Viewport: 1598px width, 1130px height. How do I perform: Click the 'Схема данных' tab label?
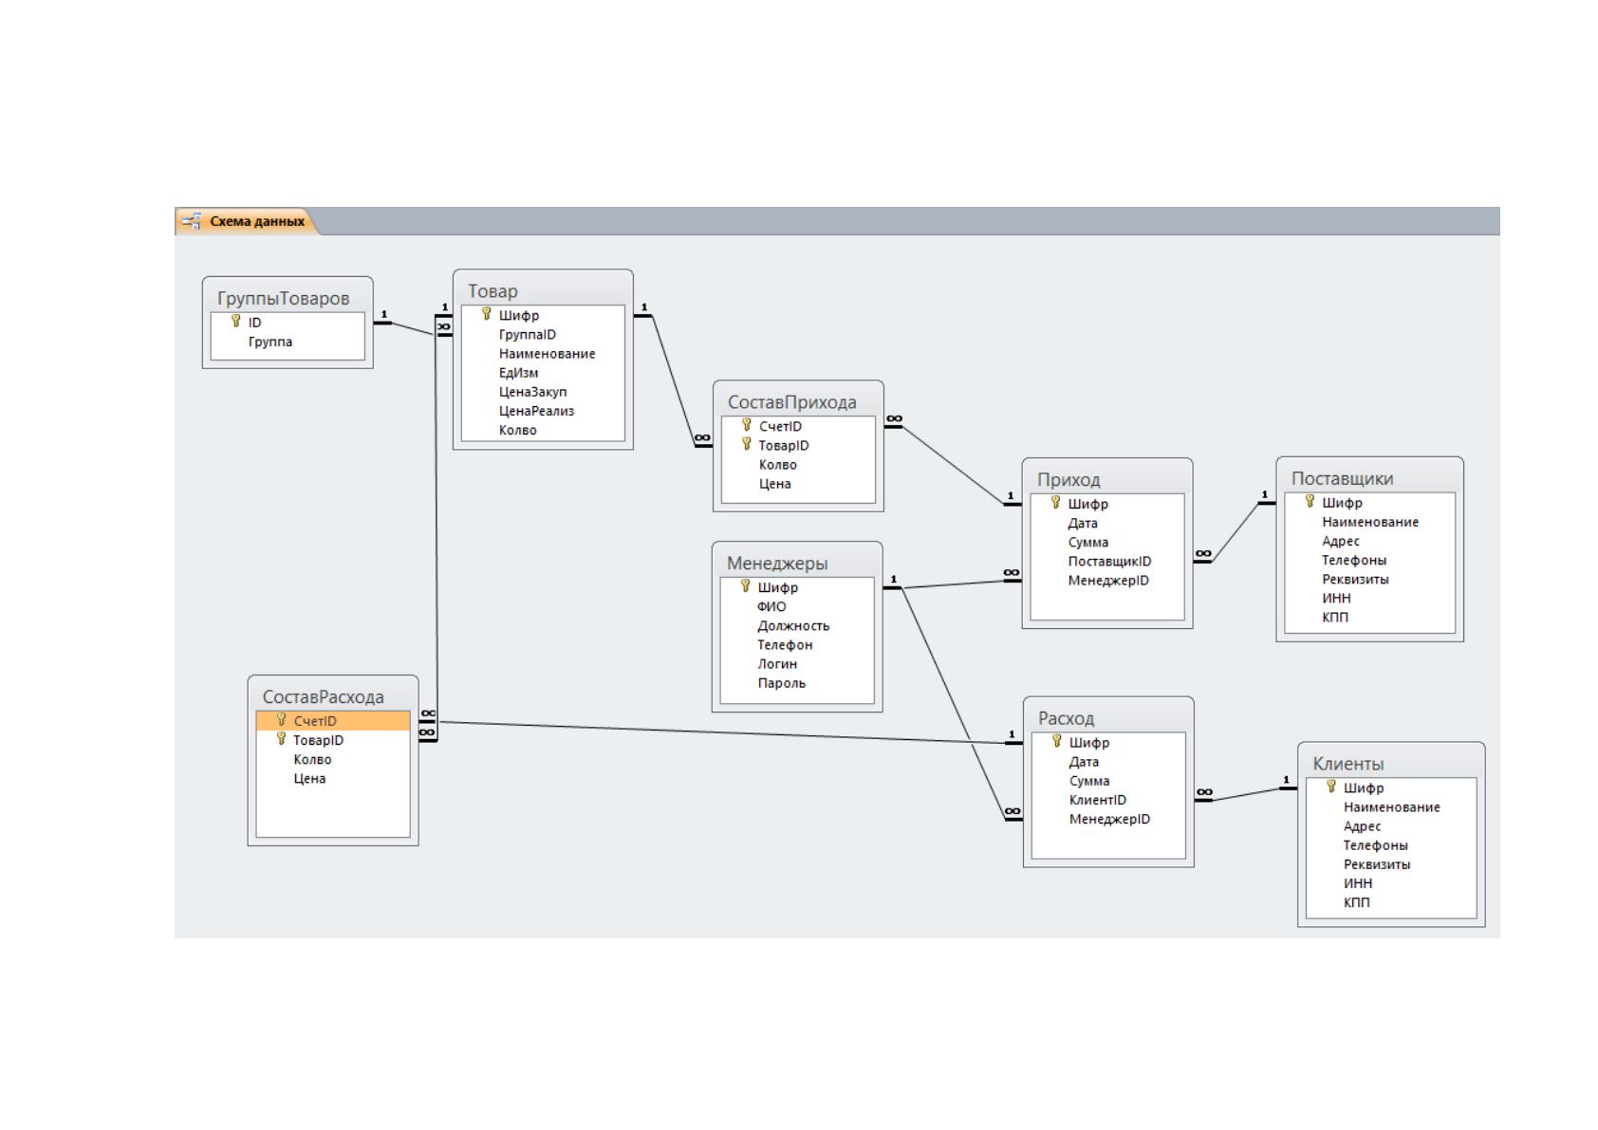click(257, 222)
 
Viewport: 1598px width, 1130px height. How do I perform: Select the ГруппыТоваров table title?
click(283, 299)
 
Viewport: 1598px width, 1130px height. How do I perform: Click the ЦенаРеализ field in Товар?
click(536, 412)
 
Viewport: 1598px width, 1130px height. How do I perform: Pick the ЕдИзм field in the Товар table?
click(519, 373)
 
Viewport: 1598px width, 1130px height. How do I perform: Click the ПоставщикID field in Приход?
click(1109, 562)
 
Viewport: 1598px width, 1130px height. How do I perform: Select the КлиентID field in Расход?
click(1097, 801)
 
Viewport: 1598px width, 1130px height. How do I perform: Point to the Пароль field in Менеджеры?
click(781, 683)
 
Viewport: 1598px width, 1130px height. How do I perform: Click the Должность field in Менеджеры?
click(793, 626)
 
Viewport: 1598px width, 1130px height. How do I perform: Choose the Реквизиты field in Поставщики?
click(1355, 580)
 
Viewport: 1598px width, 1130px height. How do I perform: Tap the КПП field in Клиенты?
click(1356, 903)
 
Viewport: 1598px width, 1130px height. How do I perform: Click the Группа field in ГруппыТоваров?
click(270, 343)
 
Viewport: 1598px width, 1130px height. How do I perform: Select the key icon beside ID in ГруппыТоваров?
click(236, 322)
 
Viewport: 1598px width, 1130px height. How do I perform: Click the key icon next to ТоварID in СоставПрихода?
click(746, 444)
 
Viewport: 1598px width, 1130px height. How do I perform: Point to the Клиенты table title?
click(1347, 764)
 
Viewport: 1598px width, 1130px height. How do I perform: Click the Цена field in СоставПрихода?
click(774, 485)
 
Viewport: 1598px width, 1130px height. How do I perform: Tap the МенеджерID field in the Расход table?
click(1109, 820)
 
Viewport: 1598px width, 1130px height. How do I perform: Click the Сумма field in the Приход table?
click(1087, 543)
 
